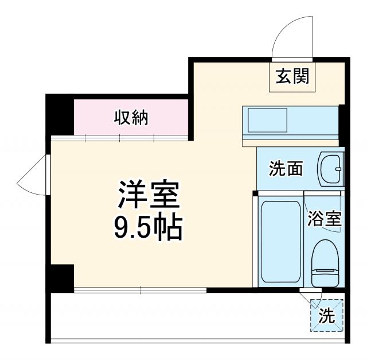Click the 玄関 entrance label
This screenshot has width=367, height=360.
[x=292, y=76]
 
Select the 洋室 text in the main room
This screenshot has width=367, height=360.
[x=150, y=196]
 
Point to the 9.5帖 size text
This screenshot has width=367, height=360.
[x=150, y=229]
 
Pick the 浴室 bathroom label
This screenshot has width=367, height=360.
[x=325, y=218]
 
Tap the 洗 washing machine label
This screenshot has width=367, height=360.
[x=326, y=315]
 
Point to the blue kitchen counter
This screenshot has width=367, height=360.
[x=290, y=122]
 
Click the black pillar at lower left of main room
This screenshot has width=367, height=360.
[x=61, y=277]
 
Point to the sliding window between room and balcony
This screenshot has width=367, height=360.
[x=140, y=289]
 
